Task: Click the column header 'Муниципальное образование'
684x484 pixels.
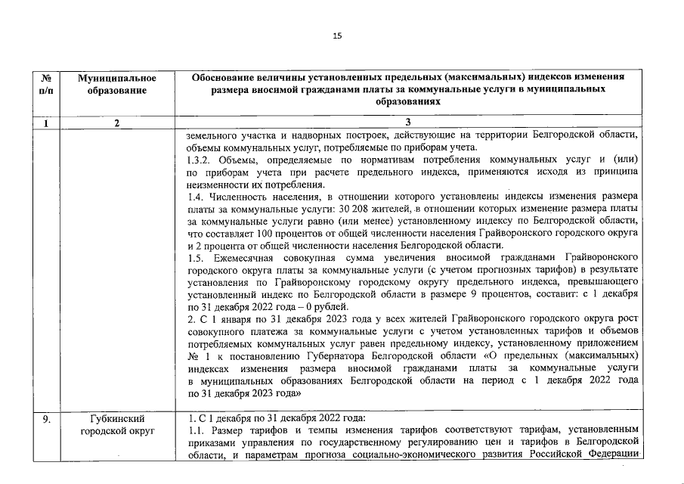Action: (117, 84)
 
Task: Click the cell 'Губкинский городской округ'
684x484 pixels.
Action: (117, 424)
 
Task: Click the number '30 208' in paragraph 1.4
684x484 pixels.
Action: (357, 209)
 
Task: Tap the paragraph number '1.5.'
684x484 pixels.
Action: (196, 257)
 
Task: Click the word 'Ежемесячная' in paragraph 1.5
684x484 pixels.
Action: (243, 257)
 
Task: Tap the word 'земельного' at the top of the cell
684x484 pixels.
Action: (210, 136)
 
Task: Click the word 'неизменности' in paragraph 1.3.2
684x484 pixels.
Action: (216, 185)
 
